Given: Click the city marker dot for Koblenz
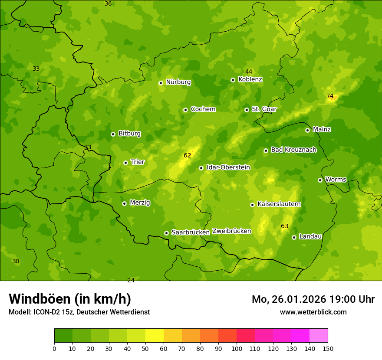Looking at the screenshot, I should tap(233, 80).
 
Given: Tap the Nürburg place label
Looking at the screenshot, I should tap(178, 82).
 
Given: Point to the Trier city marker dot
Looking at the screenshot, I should tap(125, 163).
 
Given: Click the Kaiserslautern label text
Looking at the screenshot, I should tap(279, 204).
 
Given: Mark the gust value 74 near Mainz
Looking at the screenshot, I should tap(330, 96).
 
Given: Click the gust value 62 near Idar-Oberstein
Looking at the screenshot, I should tap(188, 155).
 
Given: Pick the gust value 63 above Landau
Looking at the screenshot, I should tap(285, 226).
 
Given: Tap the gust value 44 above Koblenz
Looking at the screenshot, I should tap(249, 72).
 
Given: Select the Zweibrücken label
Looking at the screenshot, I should tap(231, 231).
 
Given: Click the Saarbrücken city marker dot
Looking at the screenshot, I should tap(166, 233).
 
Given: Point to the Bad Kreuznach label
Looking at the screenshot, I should tap(293, 150).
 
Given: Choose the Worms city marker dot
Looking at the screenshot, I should tap(320, 180).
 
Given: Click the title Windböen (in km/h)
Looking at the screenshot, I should tap(70, 299).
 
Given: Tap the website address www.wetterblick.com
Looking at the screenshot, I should tap(313, 312).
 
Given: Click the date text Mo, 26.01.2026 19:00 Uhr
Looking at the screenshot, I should tap(313, 299).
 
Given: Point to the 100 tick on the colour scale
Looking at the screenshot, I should tap(237, 348).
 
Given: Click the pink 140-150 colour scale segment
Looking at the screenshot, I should tap(319, 336).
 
